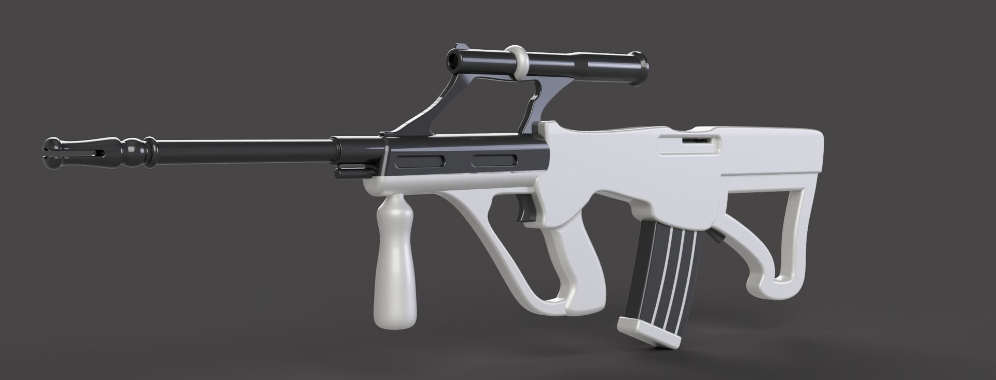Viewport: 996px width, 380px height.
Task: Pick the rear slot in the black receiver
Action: tap(493, 162)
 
